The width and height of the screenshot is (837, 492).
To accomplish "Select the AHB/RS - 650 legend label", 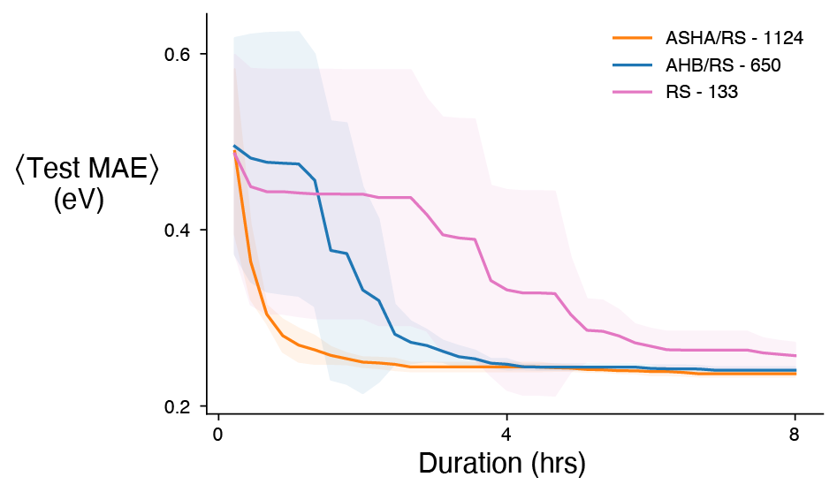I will (723, 65).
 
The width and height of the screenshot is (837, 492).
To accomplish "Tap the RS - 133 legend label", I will (701, 93).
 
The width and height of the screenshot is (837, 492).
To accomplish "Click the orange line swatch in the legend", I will (634, 38).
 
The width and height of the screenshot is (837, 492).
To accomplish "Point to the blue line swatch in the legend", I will (634, 65).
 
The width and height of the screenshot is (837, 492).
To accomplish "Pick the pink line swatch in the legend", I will (634, 93).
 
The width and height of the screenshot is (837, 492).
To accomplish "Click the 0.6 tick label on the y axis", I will (179, 54).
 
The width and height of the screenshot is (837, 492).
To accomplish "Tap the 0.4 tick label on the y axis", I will (179, 230).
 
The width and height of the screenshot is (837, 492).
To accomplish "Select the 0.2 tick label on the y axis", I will (179, 406).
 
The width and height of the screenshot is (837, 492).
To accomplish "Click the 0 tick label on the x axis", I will (217, 434).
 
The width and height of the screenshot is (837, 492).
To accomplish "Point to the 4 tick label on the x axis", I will (506, 434).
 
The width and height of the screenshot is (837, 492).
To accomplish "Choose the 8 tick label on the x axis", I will (795, 434).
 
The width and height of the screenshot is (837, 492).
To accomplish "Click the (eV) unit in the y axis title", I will (79, 201).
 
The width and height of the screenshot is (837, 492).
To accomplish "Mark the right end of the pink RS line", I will (795, 355).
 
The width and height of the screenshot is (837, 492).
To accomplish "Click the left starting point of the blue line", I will (234, 146).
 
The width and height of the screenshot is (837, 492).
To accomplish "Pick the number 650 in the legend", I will (765, 65).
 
